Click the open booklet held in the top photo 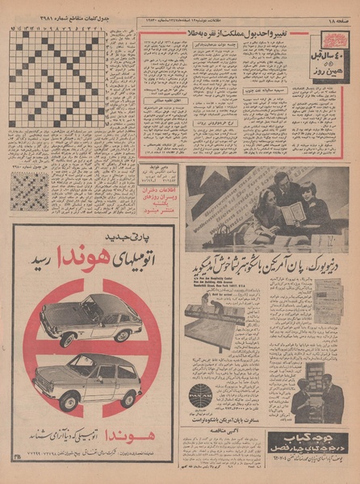tap(292, 213)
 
